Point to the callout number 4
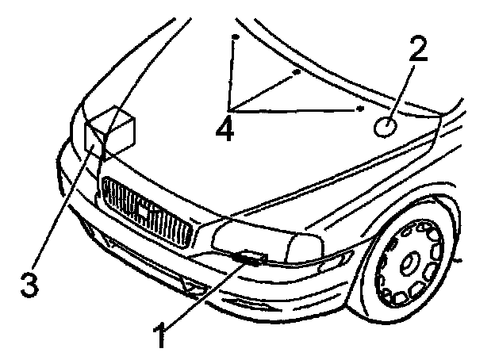(226, 127)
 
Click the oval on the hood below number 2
(386, 126)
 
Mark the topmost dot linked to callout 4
(235, 37)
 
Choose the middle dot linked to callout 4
(296, 72)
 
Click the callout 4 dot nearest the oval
(359, 108)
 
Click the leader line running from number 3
(63, 210)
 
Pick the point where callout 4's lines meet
(230, 109)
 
